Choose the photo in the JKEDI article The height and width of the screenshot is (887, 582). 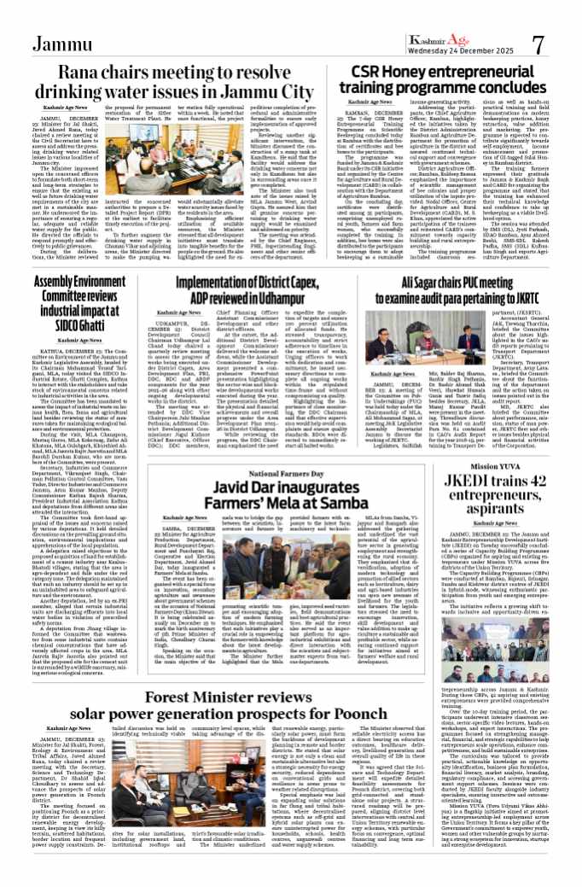(x=498, y=590)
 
